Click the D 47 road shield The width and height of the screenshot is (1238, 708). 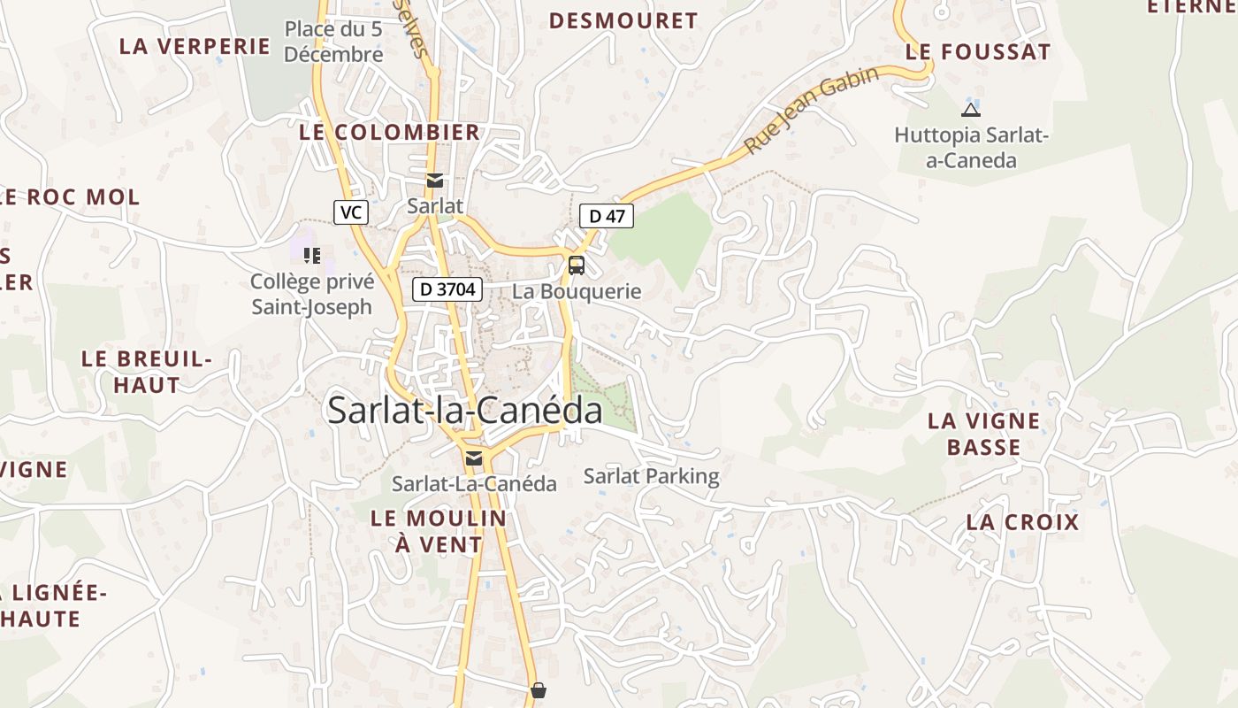607,215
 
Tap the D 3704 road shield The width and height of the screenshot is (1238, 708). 447,289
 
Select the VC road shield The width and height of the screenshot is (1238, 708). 351,212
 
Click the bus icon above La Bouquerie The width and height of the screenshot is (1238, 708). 576,265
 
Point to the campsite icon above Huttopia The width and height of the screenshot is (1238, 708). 970,111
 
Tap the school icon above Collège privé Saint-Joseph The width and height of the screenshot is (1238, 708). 311,256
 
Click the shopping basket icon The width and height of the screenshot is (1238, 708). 538,689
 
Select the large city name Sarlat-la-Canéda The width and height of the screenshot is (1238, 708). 465,411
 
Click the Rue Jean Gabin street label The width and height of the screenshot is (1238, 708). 811,110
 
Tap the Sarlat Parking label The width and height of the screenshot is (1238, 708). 652,476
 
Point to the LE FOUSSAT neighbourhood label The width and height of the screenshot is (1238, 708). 978,52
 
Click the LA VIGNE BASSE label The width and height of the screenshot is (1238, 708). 983,434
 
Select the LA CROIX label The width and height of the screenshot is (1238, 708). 1022,522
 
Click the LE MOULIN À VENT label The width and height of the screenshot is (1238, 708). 439,531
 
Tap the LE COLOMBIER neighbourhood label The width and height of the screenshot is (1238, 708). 390,133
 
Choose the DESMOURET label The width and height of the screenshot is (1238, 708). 623,21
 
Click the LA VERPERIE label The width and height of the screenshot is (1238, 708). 195,47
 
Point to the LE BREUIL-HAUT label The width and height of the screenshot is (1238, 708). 147,372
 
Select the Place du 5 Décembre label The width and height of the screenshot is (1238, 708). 333,42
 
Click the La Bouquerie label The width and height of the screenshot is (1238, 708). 577,291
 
